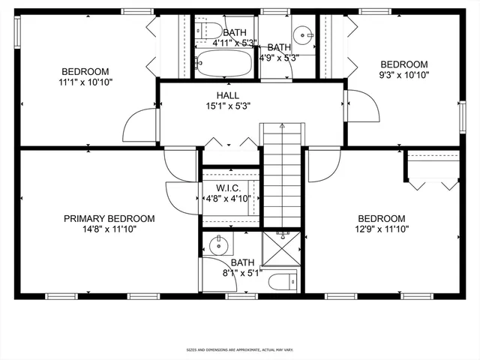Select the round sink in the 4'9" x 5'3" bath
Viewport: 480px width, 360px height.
(301, 34)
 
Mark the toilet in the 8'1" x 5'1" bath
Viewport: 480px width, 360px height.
(286, 281)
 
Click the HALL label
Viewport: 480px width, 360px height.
(228, 95)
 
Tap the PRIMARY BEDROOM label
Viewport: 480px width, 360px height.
(109, 218)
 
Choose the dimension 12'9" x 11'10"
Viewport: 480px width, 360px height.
(381, 229)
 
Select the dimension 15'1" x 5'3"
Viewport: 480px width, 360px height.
(228, 106)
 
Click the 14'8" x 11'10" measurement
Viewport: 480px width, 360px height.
(109, 229)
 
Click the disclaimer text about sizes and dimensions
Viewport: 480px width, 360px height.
(239, 349)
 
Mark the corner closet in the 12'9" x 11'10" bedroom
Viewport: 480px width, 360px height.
(433, 169)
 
